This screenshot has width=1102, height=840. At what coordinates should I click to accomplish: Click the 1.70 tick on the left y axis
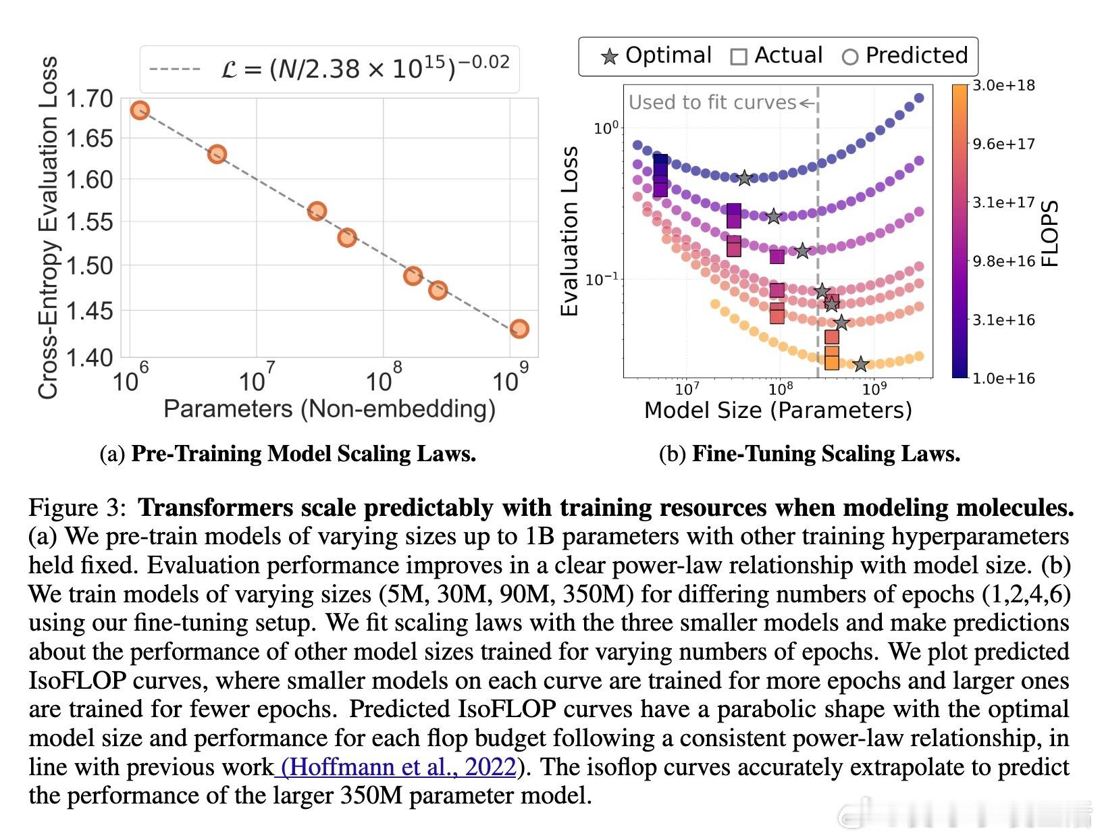(89, 99)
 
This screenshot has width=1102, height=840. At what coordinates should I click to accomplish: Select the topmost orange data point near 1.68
(140, 110)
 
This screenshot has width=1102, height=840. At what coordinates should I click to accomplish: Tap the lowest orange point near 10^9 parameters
(519, 329)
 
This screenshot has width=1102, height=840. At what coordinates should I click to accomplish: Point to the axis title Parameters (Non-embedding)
(330, 409)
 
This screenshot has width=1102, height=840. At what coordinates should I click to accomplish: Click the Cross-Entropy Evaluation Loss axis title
(48, 228)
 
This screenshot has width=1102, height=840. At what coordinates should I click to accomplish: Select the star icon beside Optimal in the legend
(610, 57)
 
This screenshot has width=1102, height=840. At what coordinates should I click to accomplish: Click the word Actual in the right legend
(788, 55)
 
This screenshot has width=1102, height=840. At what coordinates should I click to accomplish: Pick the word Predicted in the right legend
(916, 55)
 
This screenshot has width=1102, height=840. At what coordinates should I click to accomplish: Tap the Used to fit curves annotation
(712, 103)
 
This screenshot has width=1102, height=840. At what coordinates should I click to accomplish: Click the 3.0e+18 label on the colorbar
(1003, 86)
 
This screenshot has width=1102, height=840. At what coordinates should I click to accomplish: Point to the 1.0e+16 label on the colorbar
(1003, 378)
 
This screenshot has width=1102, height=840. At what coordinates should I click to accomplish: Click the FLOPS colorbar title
(1050, 234)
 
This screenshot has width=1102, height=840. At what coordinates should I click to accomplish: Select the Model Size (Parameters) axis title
(778, 410)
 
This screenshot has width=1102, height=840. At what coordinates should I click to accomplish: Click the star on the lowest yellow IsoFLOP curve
(860, 365)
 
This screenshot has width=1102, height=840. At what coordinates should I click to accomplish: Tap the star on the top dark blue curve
(744, 178)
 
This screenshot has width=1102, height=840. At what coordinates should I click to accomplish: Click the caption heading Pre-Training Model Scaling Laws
(303, 454)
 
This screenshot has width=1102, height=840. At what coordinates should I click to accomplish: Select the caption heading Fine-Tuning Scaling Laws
(826, 454)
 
